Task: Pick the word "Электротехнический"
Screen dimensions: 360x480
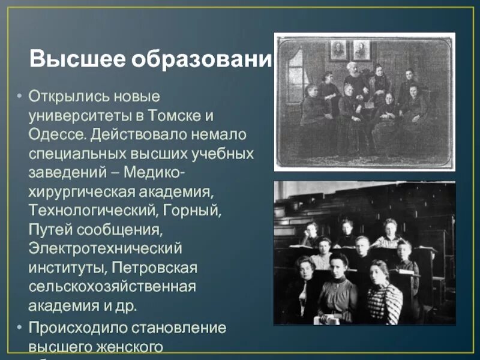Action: [x=105, y=248]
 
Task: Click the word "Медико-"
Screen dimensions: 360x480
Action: [x=155, y=172]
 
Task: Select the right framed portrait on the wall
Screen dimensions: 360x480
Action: [x=361, y=50]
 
